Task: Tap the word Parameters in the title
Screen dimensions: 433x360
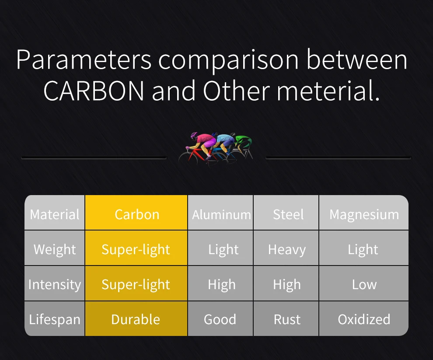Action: click(84, 60)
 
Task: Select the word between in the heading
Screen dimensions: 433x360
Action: click(357, 59)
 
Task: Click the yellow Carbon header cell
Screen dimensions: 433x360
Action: click(136, 213)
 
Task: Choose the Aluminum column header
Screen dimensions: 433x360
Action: click(220, 213)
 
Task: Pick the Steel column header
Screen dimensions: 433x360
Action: click(286, 213)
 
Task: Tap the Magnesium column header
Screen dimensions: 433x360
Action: click(364, 213)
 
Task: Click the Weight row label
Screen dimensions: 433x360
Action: click(54, 248)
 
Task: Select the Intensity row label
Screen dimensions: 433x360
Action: click(54, 283)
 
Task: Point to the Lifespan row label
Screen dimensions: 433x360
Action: click(54, 318)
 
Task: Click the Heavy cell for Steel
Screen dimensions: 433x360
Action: click(286, 248)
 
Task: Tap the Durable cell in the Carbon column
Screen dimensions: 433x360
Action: click(136, 318)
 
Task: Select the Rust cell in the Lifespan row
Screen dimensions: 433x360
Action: click(286, 318)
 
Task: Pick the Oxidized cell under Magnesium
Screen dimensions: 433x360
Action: click(364, 318)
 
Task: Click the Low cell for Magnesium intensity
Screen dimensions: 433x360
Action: click(364, 283)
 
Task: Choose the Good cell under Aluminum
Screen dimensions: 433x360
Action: click(220, 318)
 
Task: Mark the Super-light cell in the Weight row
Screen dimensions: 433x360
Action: click(136, 248)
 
